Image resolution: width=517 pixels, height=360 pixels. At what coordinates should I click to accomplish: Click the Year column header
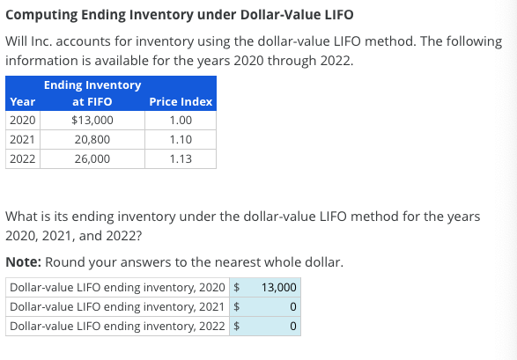(x=22, y=101)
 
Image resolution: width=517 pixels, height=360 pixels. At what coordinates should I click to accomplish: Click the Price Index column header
(x=181, y=101)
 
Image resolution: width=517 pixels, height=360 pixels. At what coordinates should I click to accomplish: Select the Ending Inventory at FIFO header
(x=92, y=93)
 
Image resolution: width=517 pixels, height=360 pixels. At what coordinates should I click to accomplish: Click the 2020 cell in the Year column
(x=22, y=121)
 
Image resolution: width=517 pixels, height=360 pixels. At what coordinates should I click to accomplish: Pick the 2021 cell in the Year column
(x=22, y=140)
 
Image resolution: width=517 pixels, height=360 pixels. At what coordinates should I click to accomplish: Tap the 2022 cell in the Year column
(x=22, y=159)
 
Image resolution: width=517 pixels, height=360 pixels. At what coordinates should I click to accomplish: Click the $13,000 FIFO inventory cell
(x=92, y=121)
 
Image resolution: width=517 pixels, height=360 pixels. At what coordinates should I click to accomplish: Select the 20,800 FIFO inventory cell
(x=92, y=140)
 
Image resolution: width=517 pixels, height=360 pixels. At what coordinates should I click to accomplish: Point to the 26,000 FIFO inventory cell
(x=92, y=159)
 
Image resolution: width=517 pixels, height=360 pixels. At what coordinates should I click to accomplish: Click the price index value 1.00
(x=181, y=121)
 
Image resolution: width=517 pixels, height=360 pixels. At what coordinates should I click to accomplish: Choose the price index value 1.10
(x=181, y=140)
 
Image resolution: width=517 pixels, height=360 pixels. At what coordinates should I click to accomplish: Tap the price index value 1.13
(x=181, y=159)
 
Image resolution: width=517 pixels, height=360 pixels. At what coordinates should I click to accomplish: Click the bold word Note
(x=24, y=262)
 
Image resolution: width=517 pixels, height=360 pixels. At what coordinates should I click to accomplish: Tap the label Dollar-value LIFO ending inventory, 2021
(x=118, y=307)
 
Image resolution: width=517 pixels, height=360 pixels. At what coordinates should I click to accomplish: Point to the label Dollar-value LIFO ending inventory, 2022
(x=118, y=327)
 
